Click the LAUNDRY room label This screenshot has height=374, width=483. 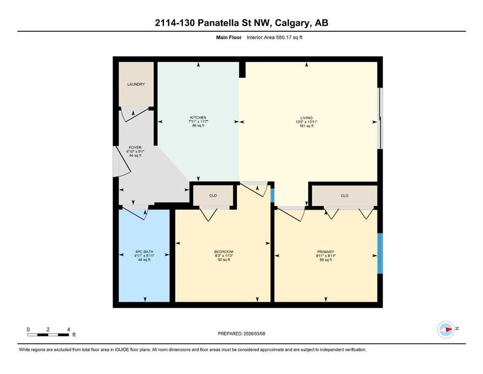coord(136,84)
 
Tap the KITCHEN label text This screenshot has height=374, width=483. coord(198,117)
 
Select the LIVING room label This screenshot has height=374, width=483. coord(306,118)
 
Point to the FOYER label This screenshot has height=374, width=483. coord(135,148)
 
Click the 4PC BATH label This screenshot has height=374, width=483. coord(144,252)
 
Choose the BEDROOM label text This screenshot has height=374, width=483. coord(224,252)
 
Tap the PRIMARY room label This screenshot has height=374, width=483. coord(325,252)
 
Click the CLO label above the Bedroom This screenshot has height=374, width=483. coord(213,195)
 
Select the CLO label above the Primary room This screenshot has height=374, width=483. coord(344,195)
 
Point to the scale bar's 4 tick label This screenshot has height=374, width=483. coord(69,329)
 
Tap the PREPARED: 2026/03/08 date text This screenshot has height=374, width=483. coord(241,334)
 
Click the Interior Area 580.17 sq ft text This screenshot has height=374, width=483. coord(274,37)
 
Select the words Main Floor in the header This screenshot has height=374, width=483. coord(229,37)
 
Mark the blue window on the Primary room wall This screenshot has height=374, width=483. coord(380,253)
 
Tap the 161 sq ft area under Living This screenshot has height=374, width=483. coord(306,126)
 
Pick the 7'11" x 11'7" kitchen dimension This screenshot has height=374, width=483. coord(198,121)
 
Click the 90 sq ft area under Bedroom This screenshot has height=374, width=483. coord(224,260)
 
